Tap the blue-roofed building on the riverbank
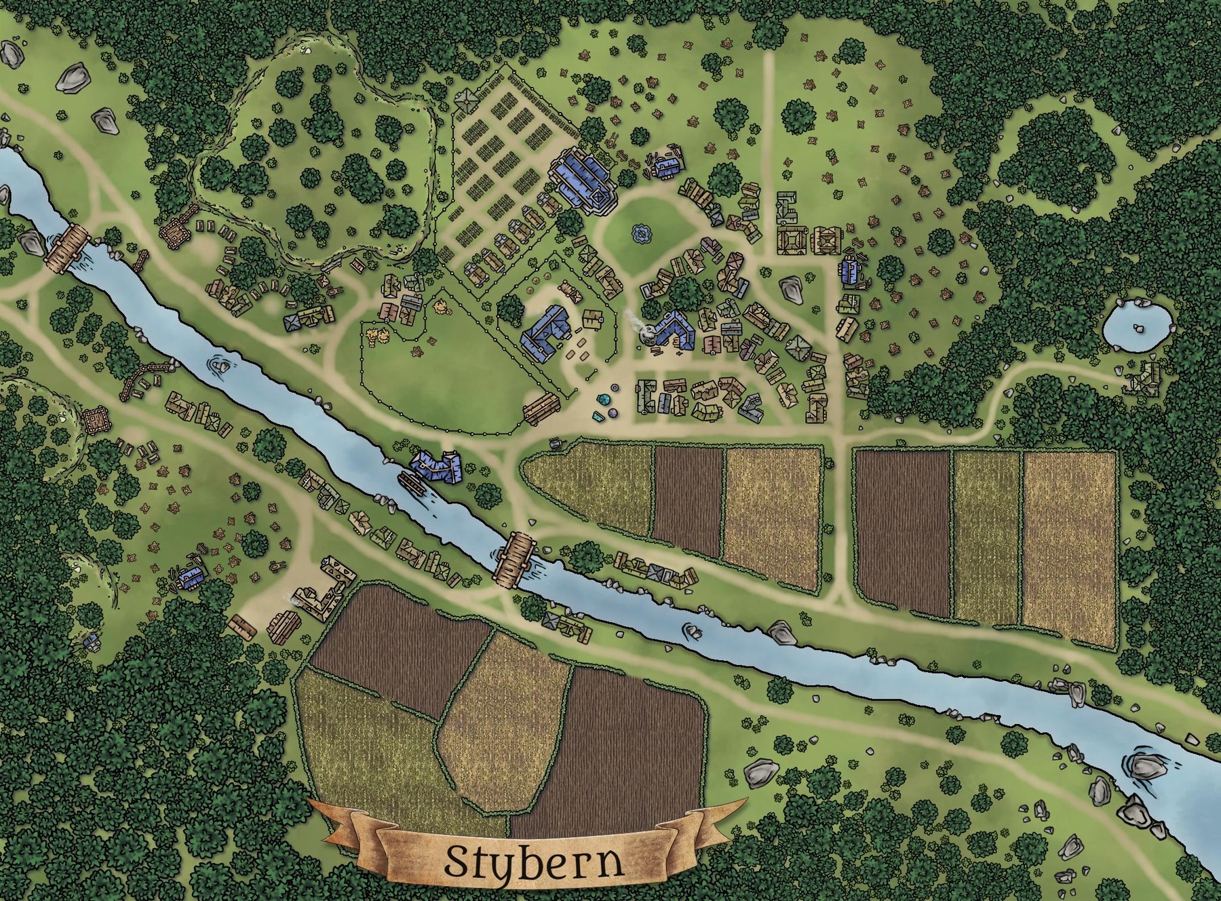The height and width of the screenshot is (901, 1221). (x=436, y=467)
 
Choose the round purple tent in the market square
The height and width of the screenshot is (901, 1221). (x=612, y=412)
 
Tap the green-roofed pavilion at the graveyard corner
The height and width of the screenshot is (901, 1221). (x=467, y=102)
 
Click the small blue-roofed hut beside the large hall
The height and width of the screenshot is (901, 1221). (x=667, y=165)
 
